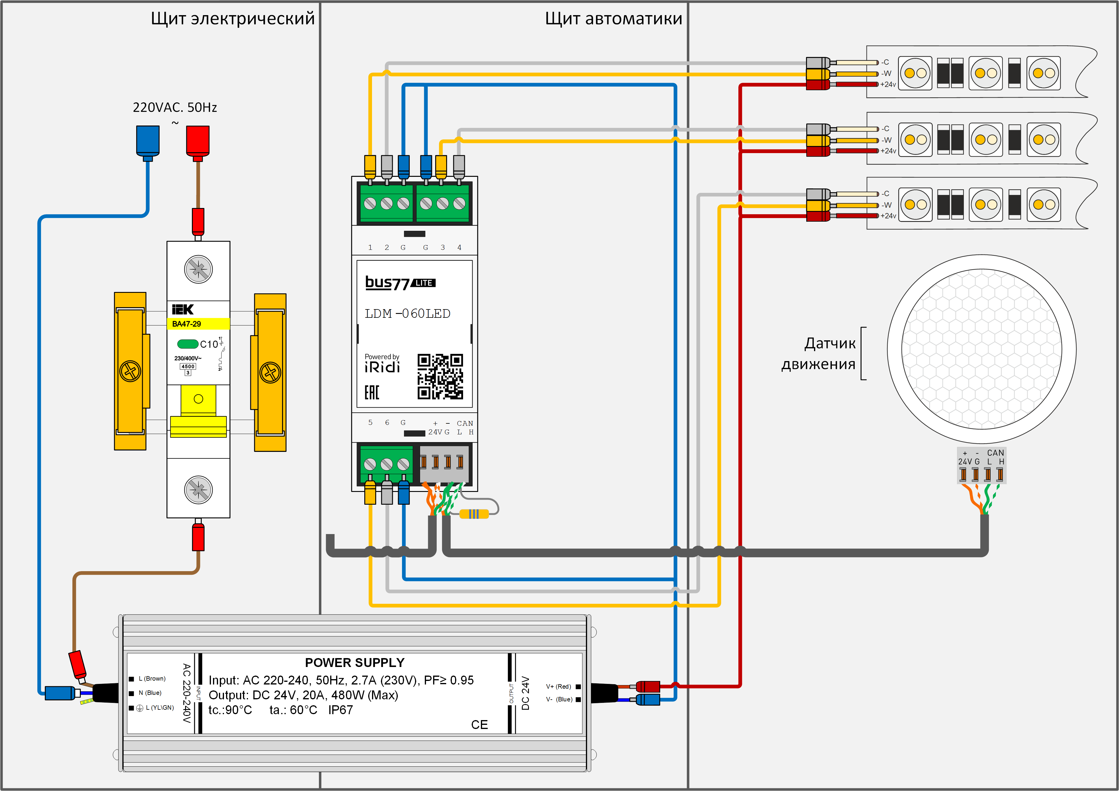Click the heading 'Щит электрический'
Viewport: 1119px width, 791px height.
click(x=233, y=18)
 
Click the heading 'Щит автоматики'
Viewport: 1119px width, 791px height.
click(x=613, y=18)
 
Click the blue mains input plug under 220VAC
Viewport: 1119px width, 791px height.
click(x=148, y=141)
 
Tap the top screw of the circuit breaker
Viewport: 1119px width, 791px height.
click(x=198, y=269)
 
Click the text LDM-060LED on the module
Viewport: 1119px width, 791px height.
click(x=407, y=313)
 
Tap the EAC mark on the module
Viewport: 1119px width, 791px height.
click(x=372, y=392)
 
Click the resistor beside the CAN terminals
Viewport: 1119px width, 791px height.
click(x=474, y=514)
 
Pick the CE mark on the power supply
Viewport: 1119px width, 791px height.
click(x=479, y=725)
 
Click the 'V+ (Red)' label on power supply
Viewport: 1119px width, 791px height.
click(x=559, y=686)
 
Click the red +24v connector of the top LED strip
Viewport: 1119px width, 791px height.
click(x=818, y=85)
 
